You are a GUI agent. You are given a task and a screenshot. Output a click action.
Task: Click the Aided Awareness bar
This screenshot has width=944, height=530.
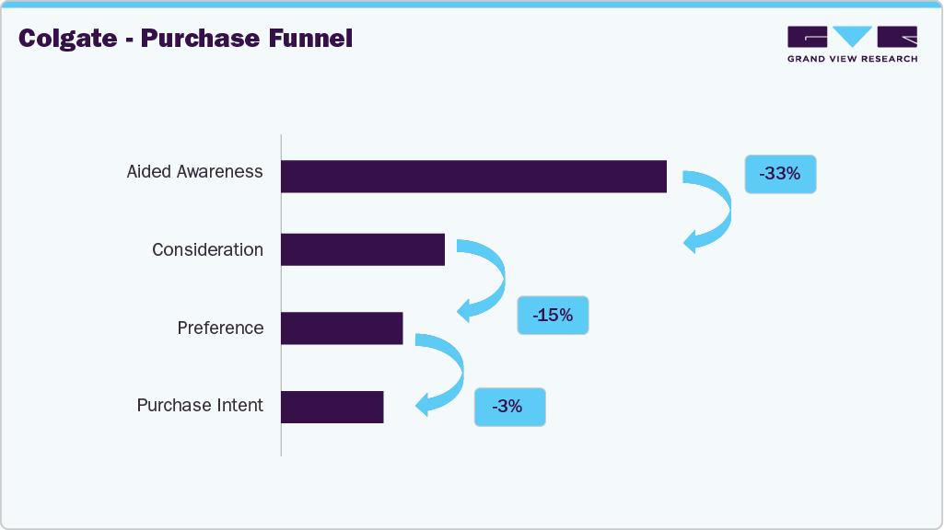pos(473,176)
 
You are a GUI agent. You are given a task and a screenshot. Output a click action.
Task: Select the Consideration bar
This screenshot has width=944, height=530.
pos(363,249)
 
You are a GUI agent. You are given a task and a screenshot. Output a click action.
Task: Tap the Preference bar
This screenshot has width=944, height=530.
pos(342,328)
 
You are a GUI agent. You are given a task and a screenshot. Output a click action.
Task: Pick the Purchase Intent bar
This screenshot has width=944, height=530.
pos(332,406)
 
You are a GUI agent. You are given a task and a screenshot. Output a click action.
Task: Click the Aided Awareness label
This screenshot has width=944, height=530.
pos(194,172)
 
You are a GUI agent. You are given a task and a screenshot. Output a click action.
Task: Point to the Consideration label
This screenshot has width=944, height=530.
pos(207,250)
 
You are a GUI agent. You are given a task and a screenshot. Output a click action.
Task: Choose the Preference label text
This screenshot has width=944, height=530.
pos(220,328)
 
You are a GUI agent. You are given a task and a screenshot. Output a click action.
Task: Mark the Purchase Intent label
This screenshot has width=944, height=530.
pos(200,406)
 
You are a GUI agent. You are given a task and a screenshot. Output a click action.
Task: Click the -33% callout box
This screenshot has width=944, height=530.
pos(780,173)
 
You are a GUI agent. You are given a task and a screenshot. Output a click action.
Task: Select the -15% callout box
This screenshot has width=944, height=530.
pos(553,315)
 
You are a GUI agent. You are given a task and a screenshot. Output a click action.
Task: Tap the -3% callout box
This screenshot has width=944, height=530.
pos(509,406)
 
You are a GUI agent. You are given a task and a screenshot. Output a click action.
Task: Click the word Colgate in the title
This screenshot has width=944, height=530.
pos(66,40)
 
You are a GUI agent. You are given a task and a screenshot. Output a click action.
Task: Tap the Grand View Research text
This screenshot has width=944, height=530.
pos(852,59)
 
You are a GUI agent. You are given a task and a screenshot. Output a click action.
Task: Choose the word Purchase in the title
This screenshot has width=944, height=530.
pos(197,40)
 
